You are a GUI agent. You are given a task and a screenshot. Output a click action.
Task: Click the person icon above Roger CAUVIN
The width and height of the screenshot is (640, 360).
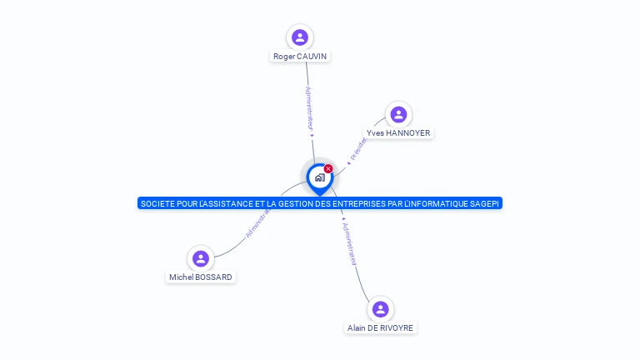pos(300,37)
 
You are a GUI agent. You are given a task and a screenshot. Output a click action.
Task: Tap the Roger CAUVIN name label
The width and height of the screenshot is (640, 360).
pos(300,57)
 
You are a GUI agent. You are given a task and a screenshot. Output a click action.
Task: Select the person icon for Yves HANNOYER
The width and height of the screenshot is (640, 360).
pos(398,114)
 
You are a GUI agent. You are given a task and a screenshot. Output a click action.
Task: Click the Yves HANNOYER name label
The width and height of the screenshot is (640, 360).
pos(398,133)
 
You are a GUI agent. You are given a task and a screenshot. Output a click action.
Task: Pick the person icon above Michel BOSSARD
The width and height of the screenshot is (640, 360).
pos(200,258)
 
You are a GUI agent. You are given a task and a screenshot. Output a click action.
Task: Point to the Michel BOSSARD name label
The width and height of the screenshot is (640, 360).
pos(200,277)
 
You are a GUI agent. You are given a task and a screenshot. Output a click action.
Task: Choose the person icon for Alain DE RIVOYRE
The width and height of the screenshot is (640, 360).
pos(381,309)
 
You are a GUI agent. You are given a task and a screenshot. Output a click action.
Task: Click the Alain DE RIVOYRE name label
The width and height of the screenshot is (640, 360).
pos(381,328)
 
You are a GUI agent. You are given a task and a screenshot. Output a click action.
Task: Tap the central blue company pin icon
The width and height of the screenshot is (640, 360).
pos(319,177)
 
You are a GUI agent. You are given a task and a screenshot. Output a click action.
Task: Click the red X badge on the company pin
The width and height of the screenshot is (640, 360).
pos(328,169)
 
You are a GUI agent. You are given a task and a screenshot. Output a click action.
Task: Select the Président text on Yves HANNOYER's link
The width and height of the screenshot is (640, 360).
pos(358,149)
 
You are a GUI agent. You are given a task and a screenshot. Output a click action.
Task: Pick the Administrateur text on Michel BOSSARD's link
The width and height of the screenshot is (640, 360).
pos(259,222)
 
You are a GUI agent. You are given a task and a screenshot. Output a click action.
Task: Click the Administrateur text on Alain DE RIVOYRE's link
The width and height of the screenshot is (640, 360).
pos(350,243)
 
